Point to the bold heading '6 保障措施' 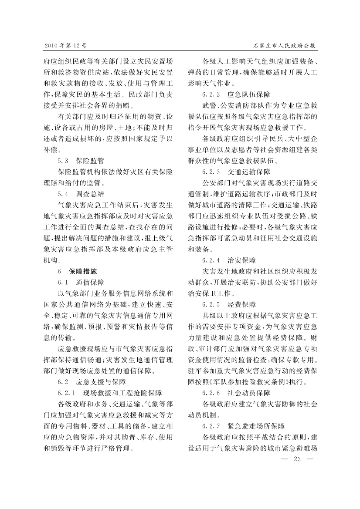[x=78, y=271]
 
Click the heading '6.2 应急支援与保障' [x=92, y=382]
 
